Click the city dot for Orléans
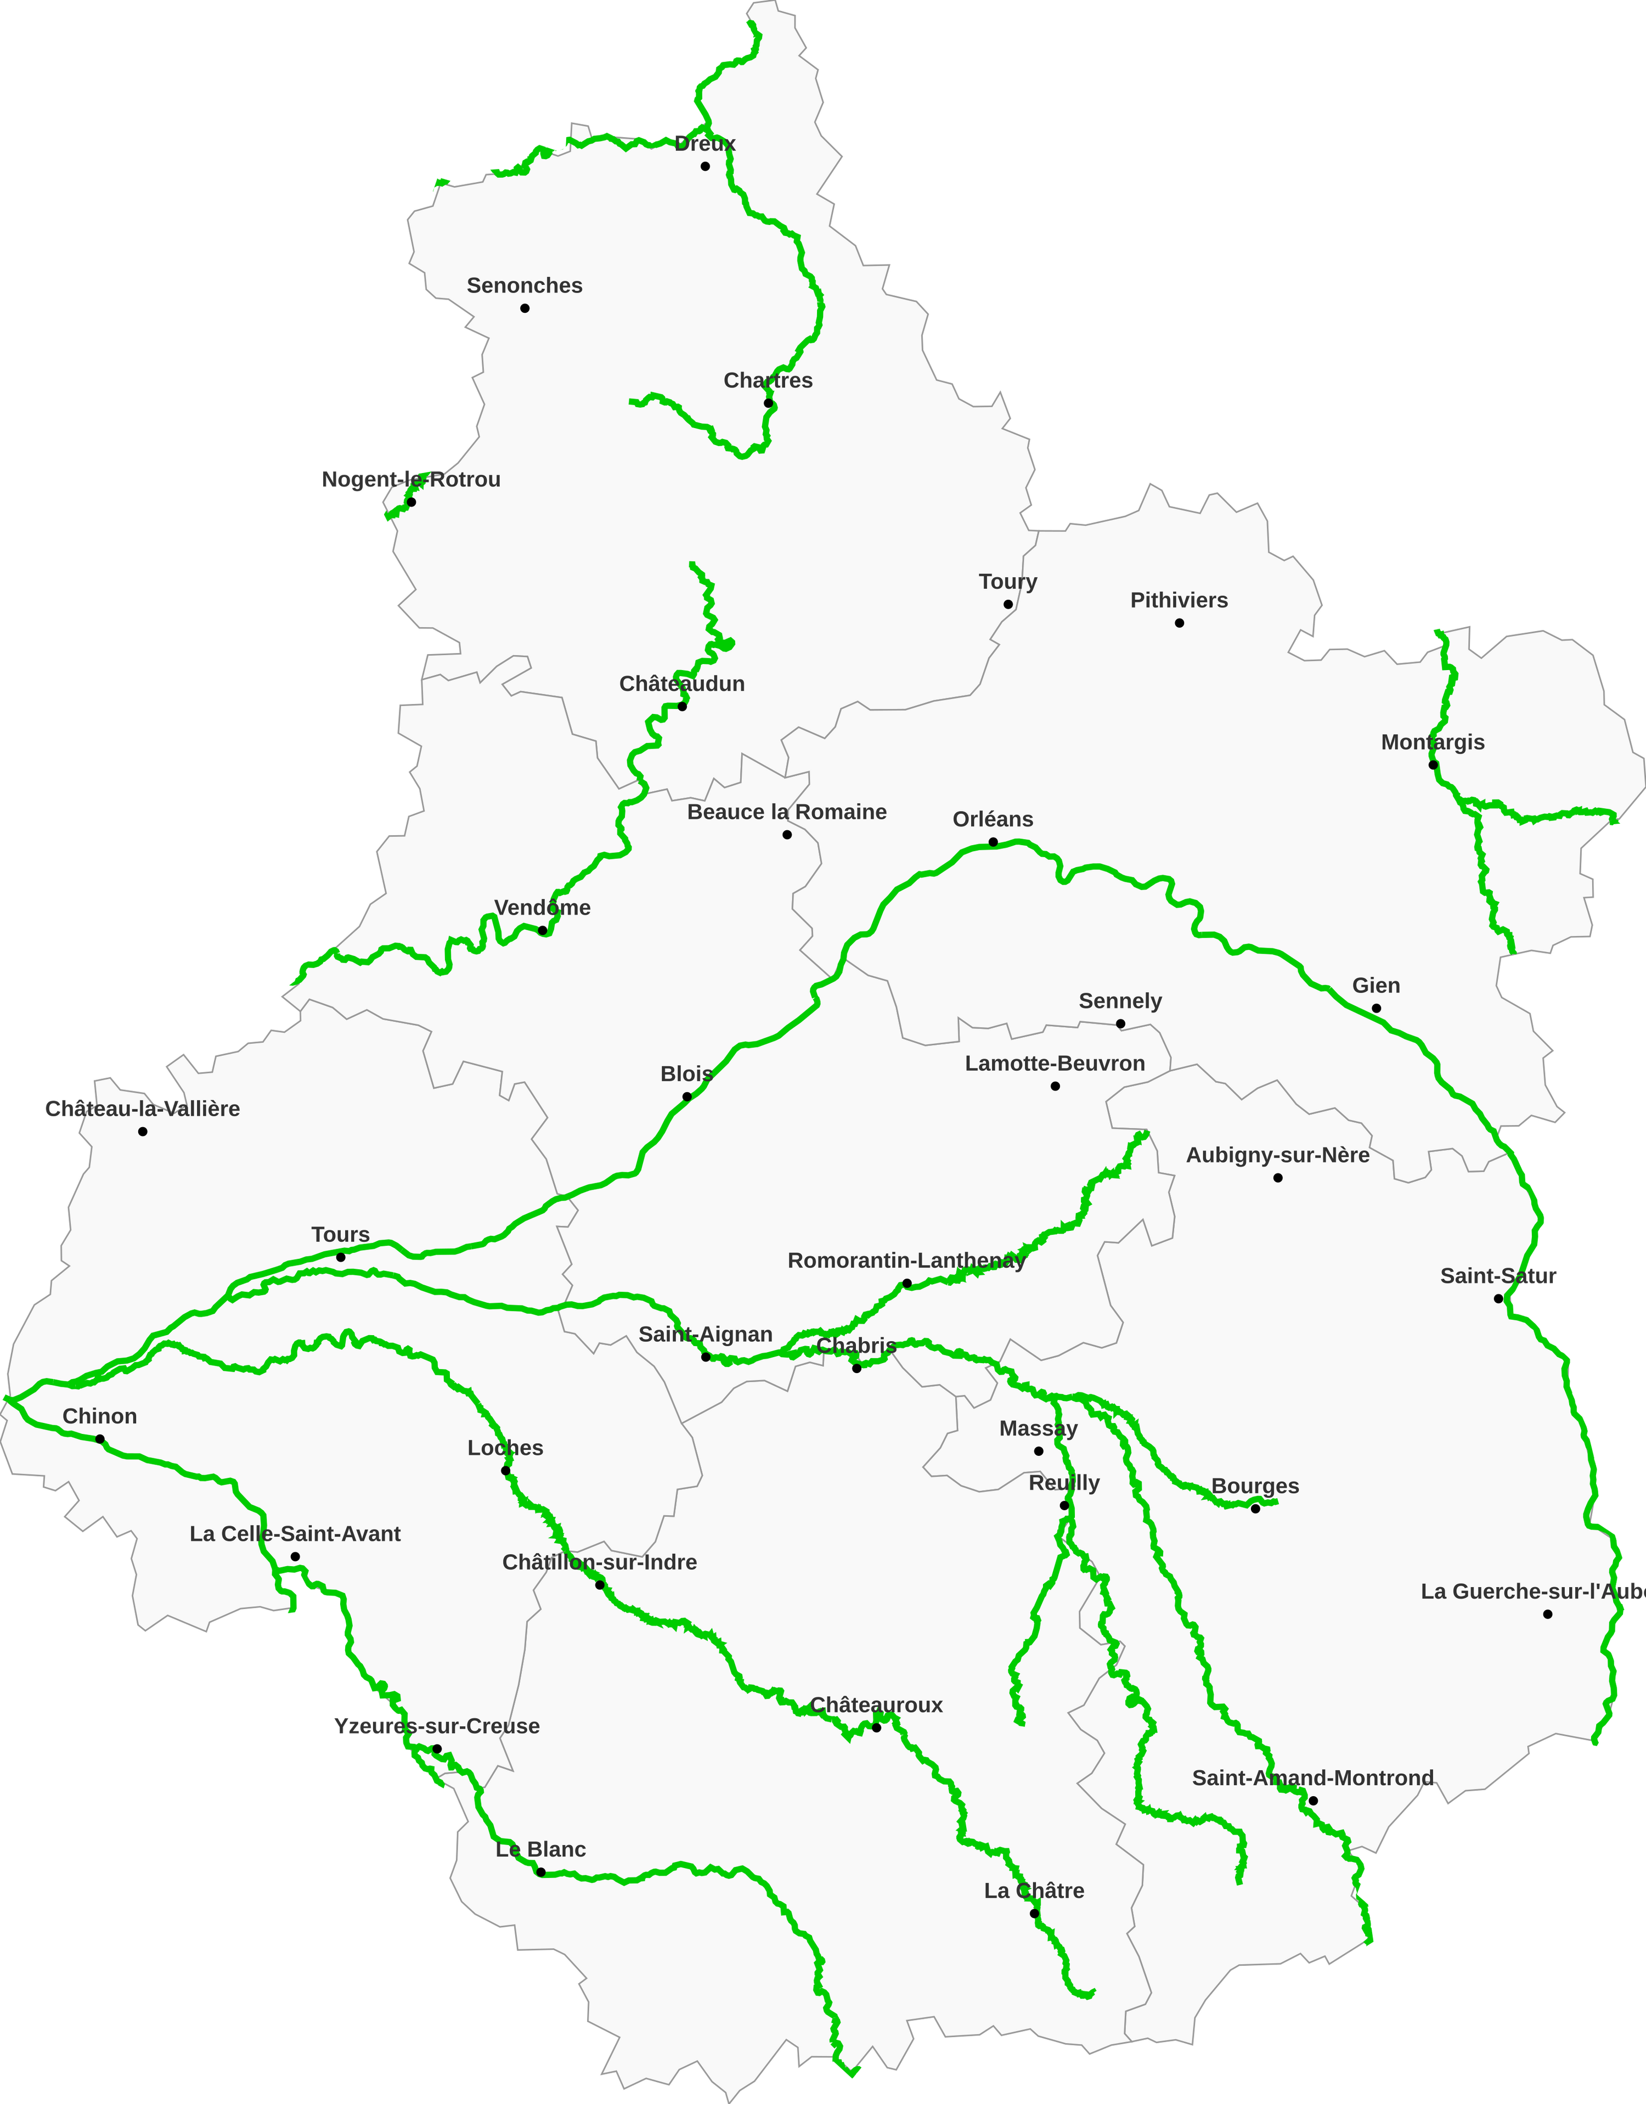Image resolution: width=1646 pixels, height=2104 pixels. point(993,842)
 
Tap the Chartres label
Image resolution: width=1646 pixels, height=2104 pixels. point(768,381)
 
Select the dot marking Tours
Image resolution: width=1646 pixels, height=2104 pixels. point(340,1257)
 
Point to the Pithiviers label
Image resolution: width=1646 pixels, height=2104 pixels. point(1179,600)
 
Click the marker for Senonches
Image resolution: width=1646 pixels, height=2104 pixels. point(525,308)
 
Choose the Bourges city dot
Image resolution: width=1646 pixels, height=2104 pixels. point(1255,1509)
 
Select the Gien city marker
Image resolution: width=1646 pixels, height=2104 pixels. point(1376,1008)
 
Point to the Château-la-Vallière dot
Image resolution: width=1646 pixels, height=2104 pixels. point(143,1132)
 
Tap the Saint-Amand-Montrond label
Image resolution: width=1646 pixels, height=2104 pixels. point(1312,1777)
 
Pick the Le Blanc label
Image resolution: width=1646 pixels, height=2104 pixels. point(540,1849)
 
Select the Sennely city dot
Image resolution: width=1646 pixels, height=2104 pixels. point(1120,1023)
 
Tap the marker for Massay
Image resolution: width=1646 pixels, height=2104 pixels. point(1038,1450)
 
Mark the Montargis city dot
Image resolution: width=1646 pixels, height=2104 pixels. point(1433,766)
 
